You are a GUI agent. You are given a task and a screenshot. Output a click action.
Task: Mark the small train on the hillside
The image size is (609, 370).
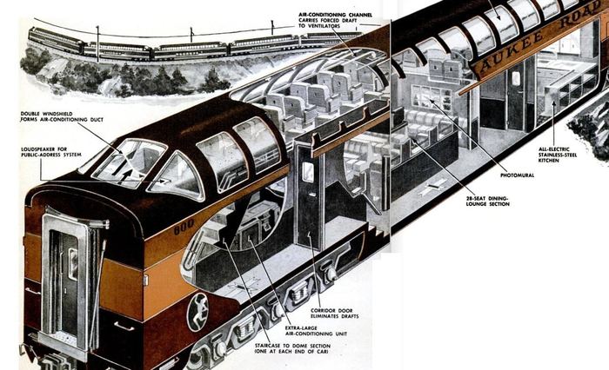click(174, 43)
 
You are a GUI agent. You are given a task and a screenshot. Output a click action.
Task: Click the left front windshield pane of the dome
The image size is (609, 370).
click(128, 162)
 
